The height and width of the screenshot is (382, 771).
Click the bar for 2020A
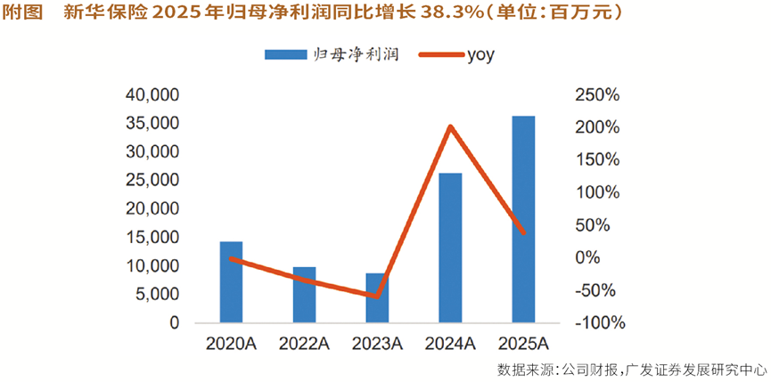click(x=231, y=282)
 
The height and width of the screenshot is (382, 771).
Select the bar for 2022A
click(x=305, y=295)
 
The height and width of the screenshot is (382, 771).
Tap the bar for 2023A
click(x=377, y=298)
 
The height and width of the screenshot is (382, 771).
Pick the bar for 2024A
click(x=451, y=248)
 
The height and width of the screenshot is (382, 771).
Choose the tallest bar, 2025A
click(x=523, y=219)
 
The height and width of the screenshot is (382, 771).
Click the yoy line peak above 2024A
click(x=451, y=126)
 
